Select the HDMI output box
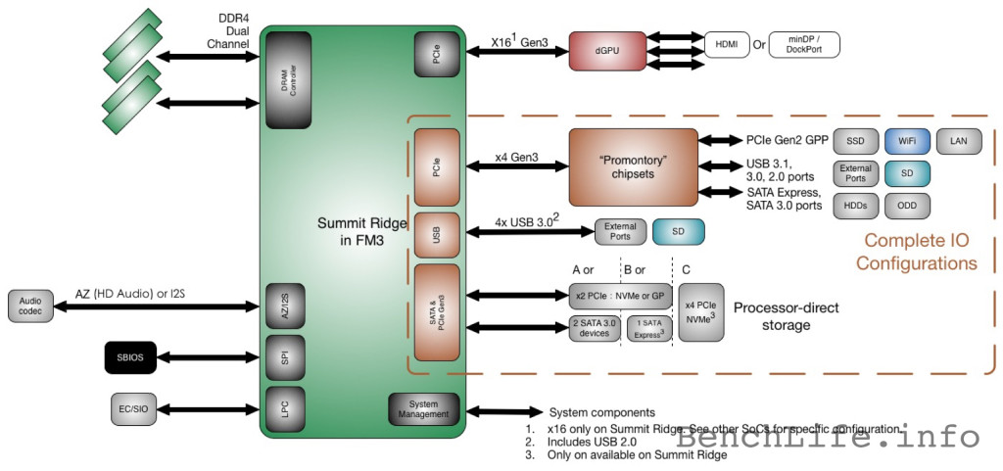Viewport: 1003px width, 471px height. (x=727, y=44)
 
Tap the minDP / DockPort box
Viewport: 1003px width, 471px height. (x=805, y=44)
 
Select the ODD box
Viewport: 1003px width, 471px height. (x=905, y=206)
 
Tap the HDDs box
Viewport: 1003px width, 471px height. (x=854, y=206)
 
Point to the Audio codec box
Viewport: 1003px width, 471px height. (x=29, y=306)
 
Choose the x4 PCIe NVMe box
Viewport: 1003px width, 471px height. (x=701, y=312)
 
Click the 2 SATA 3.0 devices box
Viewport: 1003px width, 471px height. (x=595, y=329)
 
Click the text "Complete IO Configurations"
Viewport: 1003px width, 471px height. (x=916, y=252)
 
